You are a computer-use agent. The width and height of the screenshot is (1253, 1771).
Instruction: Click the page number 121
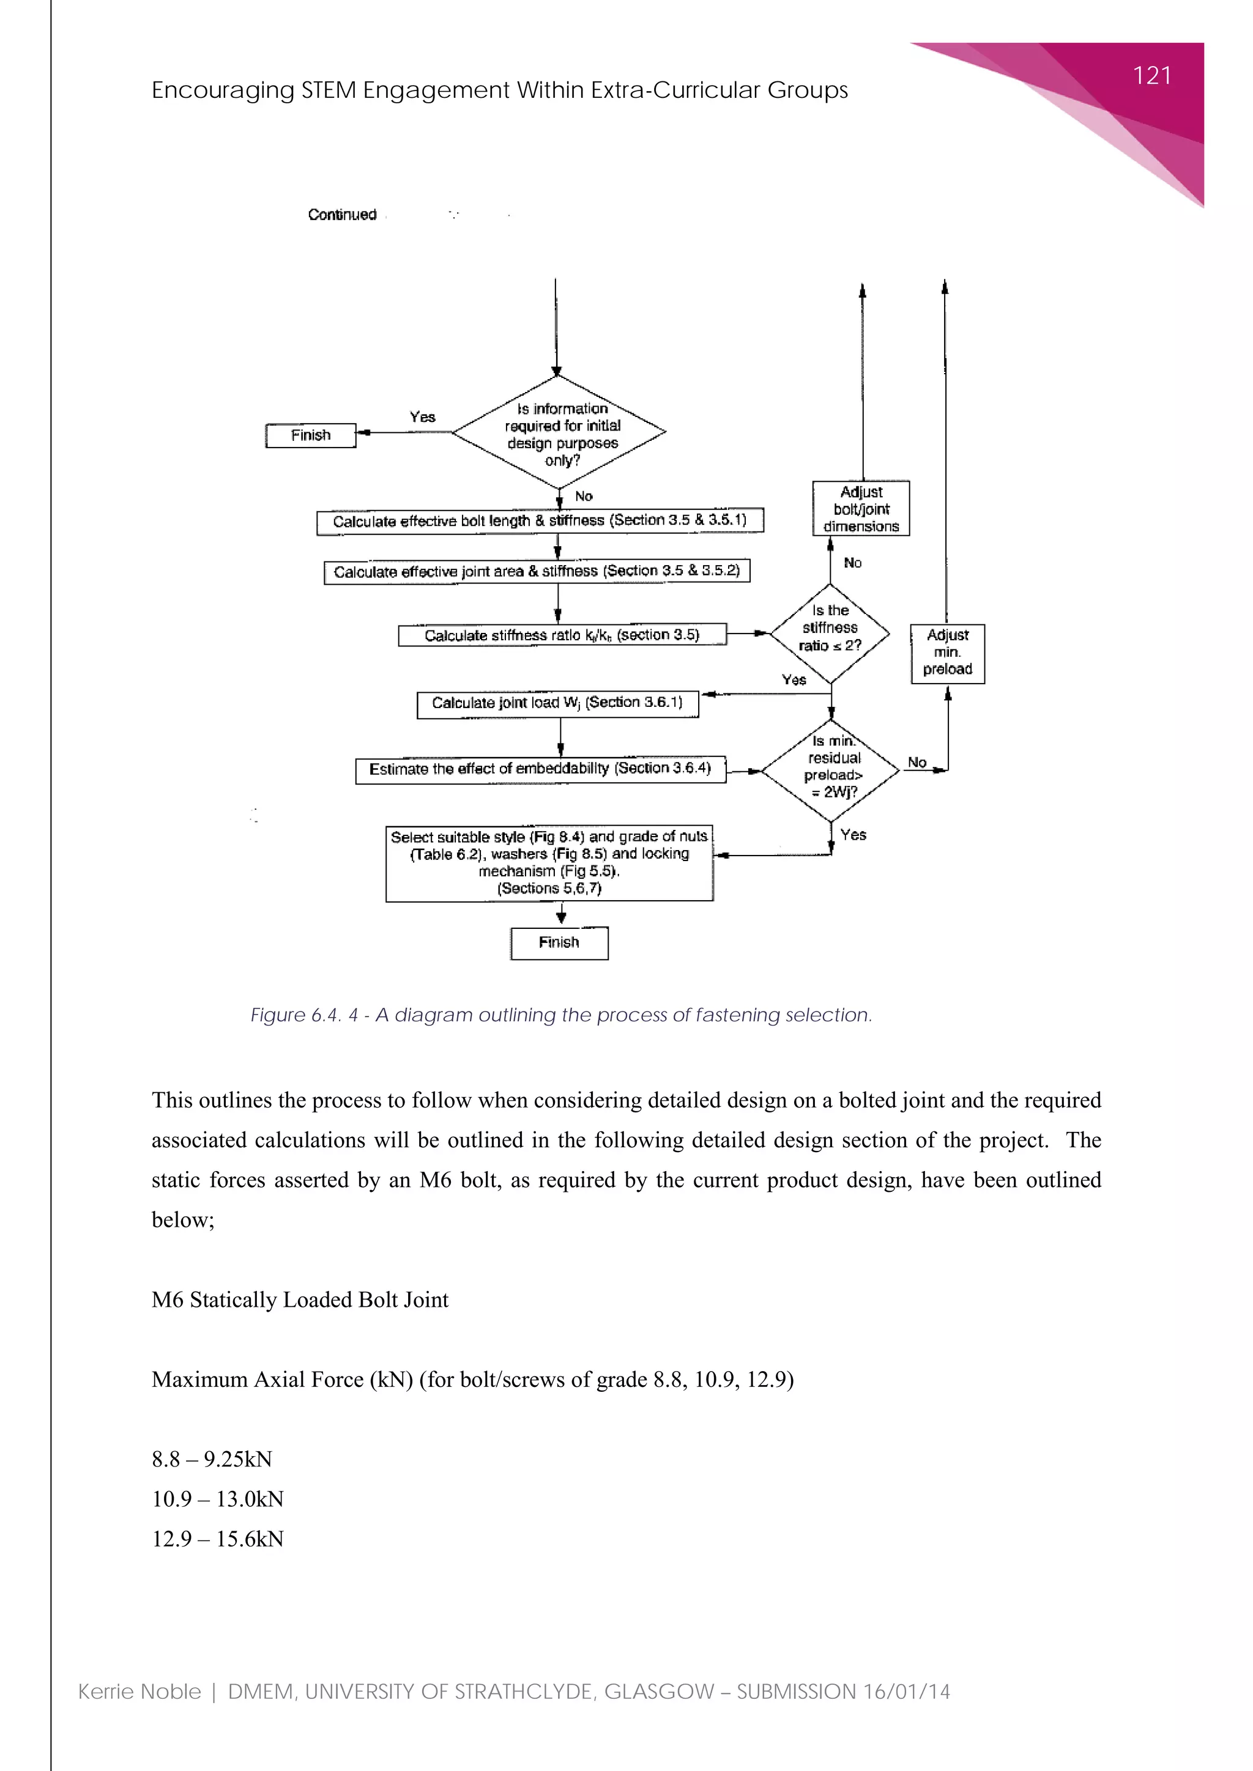click(1151, 76)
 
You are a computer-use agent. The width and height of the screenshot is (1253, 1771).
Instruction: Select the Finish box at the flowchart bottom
click(559, 942)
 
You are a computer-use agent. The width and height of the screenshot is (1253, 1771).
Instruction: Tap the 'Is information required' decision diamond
click(559, 433)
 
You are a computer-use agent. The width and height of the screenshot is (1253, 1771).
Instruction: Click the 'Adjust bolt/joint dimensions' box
click(861, 508)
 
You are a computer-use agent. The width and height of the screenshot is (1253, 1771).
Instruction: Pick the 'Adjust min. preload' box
click(948, 653)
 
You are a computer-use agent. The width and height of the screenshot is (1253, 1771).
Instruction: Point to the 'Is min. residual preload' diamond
click(831, 769)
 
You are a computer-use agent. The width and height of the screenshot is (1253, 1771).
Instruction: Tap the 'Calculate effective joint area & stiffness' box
click(537, 572)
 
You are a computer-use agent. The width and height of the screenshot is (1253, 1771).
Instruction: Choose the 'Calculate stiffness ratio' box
click(562, 635)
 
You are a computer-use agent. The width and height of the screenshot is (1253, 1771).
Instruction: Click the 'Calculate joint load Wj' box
click(557, 703)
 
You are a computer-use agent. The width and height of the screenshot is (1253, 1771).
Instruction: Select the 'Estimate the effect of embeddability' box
click(540, 769)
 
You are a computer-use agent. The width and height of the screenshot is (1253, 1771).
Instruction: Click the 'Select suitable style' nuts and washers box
click(549, 863)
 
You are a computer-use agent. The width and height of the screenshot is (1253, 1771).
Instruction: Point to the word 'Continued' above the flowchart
click(342, 215)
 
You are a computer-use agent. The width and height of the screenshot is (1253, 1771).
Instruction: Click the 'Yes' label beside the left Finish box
click(423, 416)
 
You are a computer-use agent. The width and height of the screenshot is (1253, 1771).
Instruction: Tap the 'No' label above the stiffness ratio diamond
click(852, 563)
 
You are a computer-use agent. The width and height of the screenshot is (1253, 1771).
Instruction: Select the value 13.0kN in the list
click(250, 1499)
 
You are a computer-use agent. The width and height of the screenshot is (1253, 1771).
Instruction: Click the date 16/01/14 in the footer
click(907, 1692)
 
